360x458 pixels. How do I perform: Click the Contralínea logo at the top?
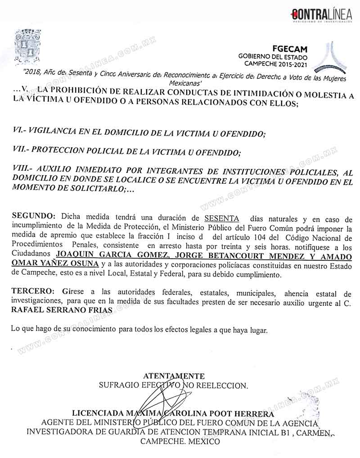click(x=321, y=14)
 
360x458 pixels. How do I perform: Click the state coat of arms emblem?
click(x=28, y=47)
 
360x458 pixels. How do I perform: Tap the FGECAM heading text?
click(x=290, y=49)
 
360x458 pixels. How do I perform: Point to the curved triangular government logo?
click(x=330, y=58)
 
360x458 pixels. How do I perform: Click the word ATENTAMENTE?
click(x=174, y=376)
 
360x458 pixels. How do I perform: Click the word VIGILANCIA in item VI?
click(x=56, y=133)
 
